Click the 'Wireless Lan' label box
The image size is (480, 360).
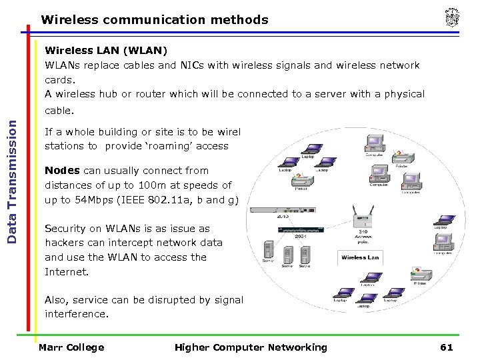[x=360, y=257]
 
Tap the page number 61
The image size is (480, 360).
[x=446, y=347]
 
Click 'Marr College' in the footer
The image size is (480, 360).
[x=71, y=347]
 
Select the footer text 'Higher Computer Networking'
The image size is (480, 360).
[x=251, y=347]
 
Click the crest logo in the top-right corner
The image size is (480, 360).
[x=452, y=19]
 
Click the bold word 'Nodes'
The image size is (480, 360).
[x=62, y=171]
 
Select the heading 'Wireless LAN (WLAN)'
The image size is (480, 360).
[x=106, y=51]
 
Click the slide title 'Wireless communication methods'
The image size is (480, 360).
[x=155, y=20]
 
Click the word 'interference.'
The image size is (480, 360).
[x=76, y=314]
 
